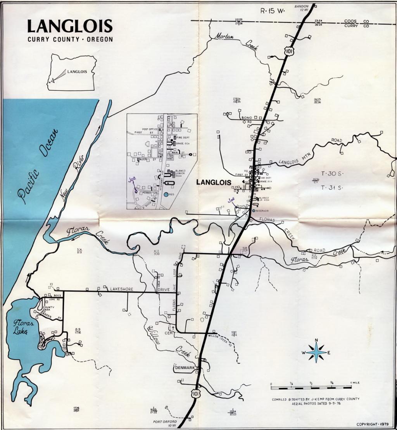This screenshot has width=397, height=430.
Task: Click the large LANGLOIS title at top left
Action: click(x=70, y=26)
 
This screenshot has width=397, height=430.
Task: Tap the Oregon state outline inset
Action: click(x=72, y=72)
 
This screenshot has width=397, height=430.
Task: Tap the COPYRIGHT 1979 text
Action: click(x=372, y=424)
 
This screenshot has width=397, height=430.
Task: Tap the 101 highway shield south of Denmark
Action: click(x=195, y=393)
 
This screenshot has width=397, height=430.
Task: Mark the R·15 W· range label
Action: click(x=272, y=11)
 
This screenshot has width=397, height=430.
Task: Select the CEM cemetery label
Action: click(x=168, y=333)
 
